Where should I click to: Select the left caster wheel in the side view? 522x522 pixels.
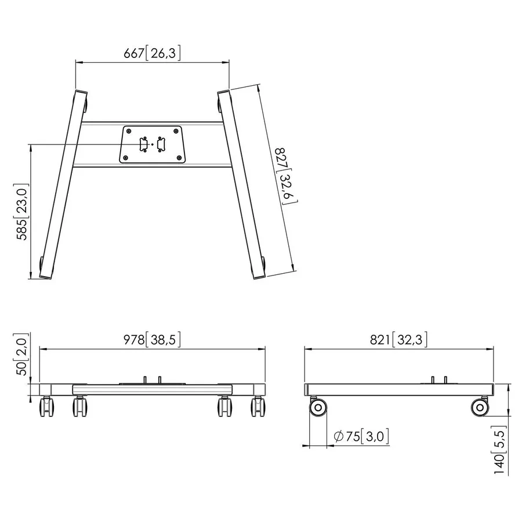point(317,407)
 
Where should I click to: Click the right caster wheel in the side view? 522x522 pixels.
point(478,407)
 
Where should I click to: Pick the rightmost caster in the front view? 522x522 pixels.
point(257,408)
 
